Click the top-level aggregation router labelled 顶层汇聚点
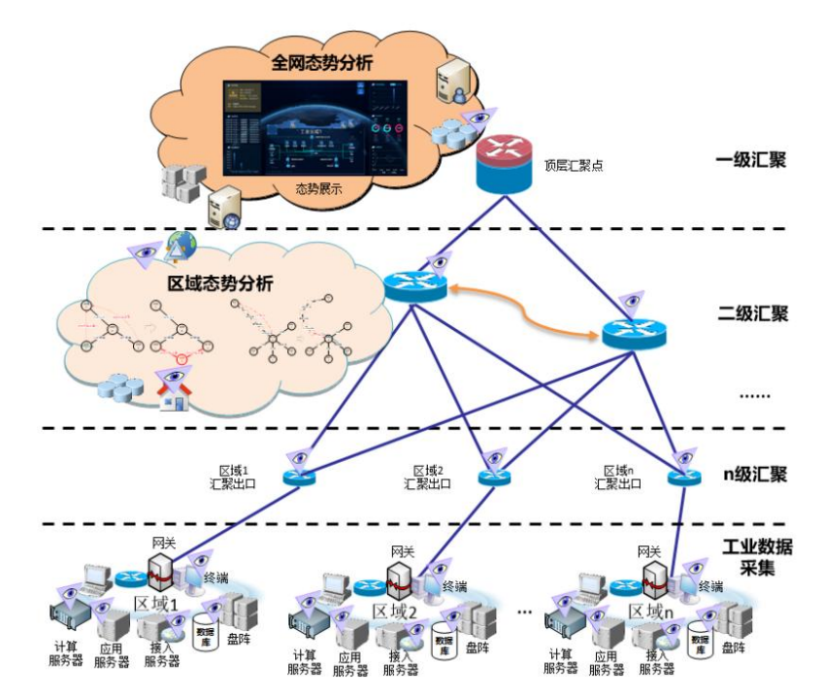[x=504, y=162]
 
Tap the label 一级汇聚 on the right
[x=753, y=159]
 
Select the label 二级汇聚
[x=753, y=314]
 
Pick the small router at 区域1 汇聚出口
[x=300, y=478]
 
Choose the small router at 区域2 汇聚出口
[x=494, y=478]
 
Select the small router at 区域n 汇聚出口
[x=683, y=478]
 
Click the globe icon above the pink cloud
[x=181, y=242]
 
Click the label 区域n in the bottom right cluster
[x=652, y=611]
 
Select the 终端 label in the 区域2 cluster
[x=455, y=587]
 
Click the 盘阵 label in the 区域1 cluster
[x=237, y=642]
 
